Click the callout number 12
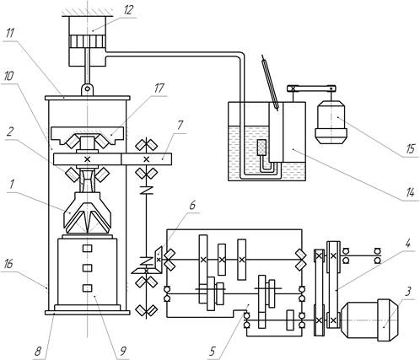click(x=127, y=10)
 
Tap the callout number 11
click(x=11, y=34)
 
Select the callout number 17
click(x=159, y=89)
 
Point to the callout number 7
click(x=180, y=126)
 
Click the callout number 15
click(x=411, y=148)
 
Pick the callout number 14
click(x=410, y=192)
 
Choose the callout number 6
click(x=192, y=205)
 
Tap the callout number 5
click(x=213, y=351)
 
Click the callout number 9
click(x=122, y=351)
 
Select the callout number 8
click(x=38, y=351)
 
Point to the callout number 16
click(x=8, y=264)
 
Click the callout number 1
click(x=12, y=185)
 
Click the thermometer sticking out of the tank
click(x=271, y=83)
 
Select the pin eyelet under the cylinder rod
click(x=88, y=89)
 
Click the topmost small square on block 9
click(x=88, y=249)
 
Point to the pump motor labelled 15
click(x=331, y=122)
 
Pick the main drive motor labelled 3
click(x=369, y=320)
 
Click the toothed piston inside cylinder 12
click(x=88, y=41)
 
